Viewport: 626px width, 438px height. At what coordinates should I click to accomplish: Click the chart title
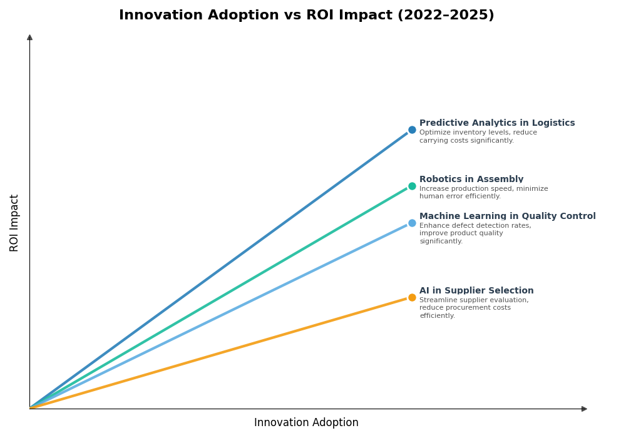306,16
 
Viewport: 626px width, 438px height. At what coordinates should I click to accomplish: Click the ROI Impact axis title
14,223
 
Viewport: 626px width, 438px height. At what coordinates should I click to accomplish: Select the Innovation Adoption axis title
306,423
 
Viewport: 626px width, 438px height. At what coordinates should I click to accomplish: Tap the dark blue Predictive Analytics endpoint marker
412,130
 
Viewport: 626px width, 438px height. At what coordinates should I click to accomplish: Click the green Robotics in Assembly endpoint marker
412,186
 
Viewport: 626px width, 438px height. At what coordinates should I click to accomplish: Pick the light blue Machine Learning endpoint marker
412,223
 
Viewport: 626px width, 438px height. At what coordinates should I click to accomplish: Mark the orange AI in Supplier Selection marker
412,298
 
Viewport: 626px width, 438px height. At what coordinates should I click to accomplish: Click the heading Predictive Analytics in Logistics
496,123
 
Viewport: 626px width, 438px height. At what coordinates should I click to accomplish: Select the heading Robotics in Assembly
471,180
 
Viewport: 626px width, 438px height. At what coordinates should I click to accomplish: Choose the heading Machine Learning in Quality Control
507,216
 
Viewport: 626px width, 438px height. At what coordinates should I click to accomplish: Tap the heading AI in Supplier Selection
476,291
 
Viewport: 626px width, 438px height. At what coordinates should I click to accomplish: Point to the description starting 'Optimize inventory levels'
478,136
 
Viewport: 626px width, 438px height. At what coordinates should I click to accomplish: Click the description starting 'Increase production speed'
483,193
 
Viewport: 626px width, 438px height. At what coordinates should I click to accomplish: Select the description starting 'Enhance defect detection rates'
475,233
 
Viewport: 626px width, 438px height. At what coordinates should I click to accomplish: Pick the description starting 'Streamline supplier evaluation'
473,308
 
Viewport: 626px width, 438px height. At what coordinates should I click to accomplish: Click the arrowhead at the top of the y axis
29,38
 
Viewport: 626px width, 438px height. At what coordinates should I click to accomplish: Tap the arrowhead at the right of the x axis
584,409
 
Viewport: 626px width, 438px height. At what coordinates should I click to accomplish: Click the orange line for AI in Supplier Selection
219,353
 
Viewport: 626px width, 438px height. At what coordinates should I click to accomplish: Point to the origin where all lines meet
30,409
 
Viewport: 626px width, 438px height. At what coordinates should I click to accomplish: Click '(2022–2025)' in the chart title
445,16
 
